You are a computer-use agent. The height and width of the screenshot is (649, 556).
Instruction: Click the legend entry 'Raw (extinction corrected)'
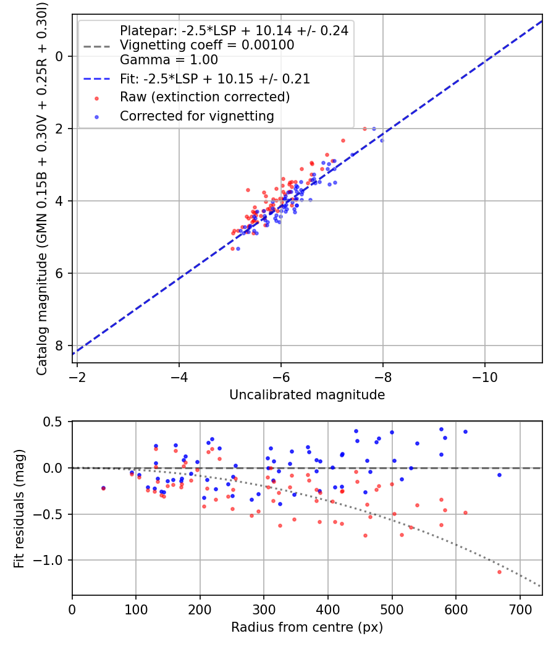click(204, 97)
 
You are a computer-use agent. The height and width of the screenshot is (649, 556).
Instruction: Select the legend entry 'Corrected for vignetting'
click(196, 116)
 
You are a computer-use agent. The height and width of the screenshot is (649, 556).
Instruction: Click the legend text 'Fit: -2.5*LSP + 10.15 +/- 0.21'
click(215, 79)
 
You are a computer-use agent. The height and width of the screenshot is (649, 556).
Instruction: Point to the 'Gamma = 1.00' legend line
click(169, 60)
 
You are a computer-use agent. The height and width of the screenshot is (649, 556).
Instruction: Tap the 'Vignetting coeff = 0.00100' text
click(207, 45)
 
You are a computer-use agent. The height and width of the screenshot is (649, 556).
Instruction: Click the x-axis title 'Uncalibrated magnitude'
click(307, 394)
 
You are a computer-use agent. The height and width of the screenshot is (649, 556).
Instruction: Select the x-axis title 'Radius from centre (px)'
click(307, 627)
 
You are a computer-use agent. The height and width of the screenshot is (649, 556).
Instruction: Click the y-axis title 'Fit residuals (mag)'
click(19, 509)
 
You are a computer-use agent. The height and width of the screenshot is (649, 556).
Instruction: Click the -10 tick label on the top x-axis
click(485, 376)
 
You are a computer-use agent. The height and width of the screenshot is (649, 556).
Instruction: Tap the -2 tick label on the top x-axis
click(77, 376)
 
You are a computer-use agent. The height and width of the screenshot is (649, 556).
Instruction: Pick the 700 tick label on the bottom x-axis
click(520, 609)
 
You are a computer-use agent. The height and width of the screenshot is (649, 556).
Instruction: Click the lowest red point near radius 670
click(499, 572)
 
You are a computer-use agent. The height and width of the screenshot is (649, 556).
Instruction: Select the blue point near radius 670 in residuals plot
click(499, 475)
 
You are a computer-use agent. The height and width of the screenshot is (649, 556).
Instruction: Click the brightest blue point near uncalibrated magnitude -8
click(382, 140)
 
